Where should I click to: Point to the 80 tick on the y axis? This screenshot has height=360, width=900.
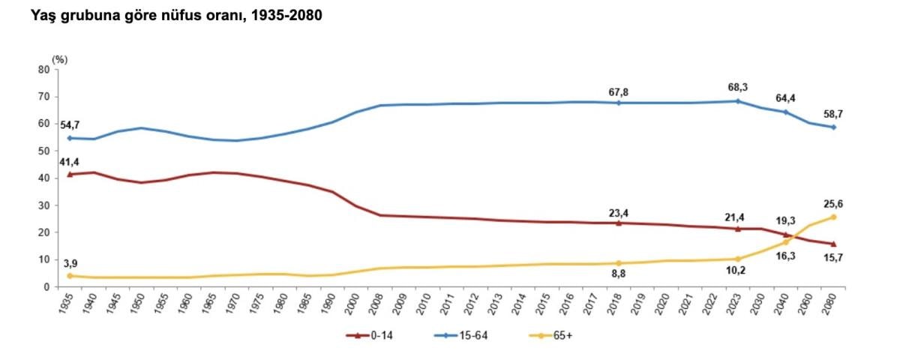[x=43, y=70]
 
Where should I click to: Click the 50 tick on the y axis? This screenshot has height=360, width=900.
[x=43, y=151]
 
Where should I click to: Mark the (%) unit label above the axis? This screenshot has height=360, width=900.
[x=60, y=58]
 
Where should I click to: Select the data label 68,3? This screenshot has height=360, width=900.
[x=738, y=85]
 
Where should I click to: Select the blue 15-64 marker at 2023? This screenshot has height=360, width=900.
[x=738, y=101]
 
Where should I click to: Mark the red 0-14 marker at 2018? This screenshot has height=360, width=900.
[x=618, y=223]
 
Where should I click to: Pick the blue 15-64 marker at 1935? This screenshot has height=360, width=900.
[x=70, y=138]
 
